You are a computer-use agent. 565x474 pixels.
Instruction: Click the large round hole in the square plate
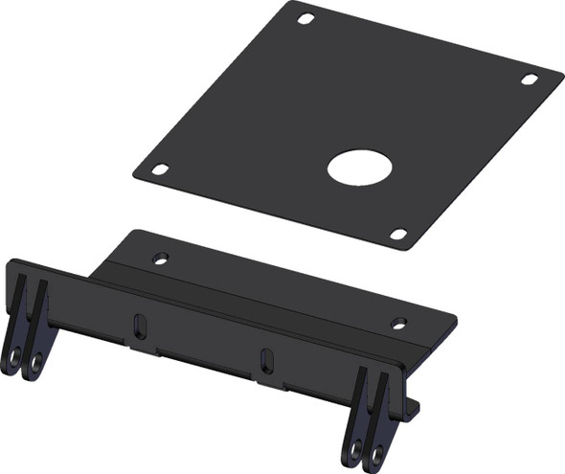(359, 168)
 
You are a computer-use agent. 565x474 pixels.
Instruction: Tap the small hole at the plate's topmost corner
(305, 19)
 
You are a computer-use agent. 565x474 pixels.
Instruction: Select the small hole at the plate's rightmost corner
(529, 79)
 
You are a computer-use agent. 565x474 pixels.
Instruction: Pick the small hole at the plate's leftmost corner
(160, 169)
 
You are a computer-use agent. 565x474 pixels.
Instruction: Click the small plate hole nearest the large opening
(398, 234)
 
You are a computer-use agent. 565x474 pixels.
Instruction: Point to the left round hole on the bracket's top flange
(161, 258)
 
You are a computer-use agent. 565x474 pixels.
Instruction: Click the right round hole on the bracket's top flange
(399, 323)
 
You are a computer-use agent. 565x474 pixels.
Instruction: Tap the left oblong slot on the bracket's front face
(141, 327)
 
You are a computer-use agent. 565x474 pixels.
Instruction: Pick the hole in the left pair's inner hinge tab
(36, 362)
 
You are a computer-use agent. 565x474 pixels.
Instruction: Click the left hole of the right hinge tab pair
(355, 447)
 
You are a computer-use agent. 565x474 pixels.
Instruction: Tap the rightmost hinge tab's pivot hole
(377, 452)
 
